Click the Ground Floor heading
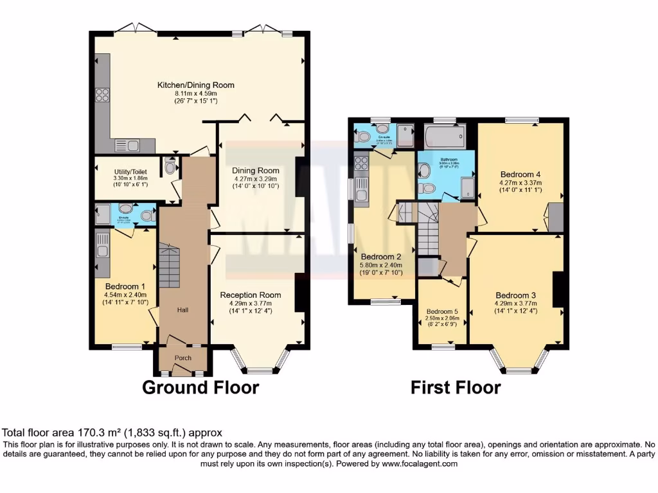[200, 387]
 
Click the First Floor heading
[456, 387]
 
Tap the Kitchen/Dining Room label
[196, 85]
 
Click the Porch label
[183, 359]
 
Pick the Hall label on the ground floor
[183, 310]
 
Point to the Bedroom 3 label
[515, 295]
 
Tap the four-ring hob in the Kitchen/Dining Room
[102, 95]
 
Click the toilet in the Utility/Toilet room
[170, 166]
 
